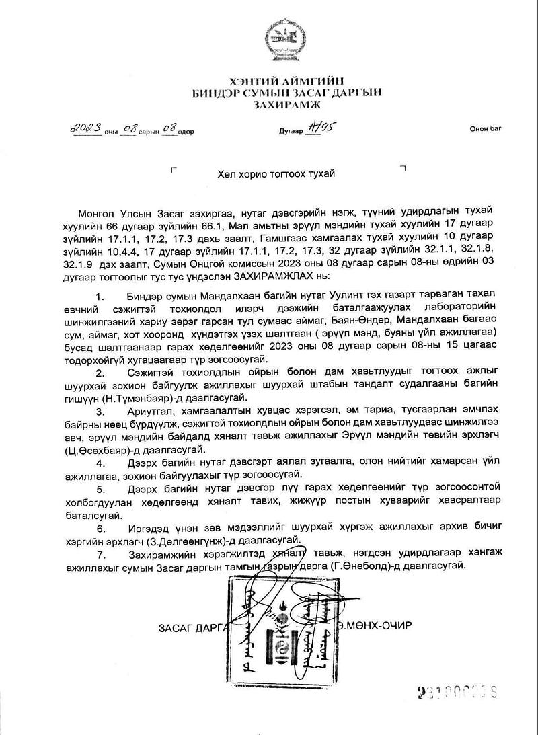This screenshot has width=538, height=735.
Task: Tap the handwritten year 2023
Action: (88, 127)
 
